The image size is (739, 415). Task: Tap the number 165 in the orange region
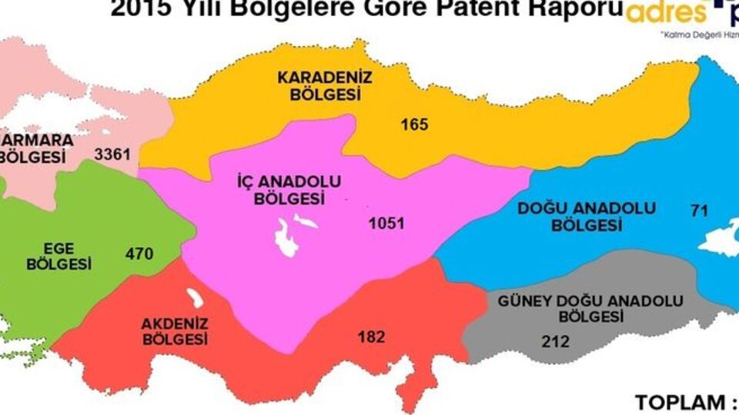tap(413, 124)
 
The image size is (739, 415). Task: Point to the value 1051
tap(386, 224)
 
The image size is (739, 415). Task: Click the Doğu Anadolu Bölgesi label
tap(586, 217)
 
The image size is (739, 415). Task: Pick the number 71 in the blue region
tap(698, 209)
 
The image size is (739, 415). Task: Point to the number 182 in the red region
tap(371, 337)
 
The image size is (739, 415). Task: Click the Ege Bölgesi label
tap(59, 255)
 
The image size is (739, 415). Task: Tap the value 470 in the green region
tap(139, 253)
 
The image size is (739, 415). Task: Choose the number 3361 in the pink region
tap(112, 154)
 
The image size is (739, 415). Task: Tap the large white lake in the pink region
tap(286, 239)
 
